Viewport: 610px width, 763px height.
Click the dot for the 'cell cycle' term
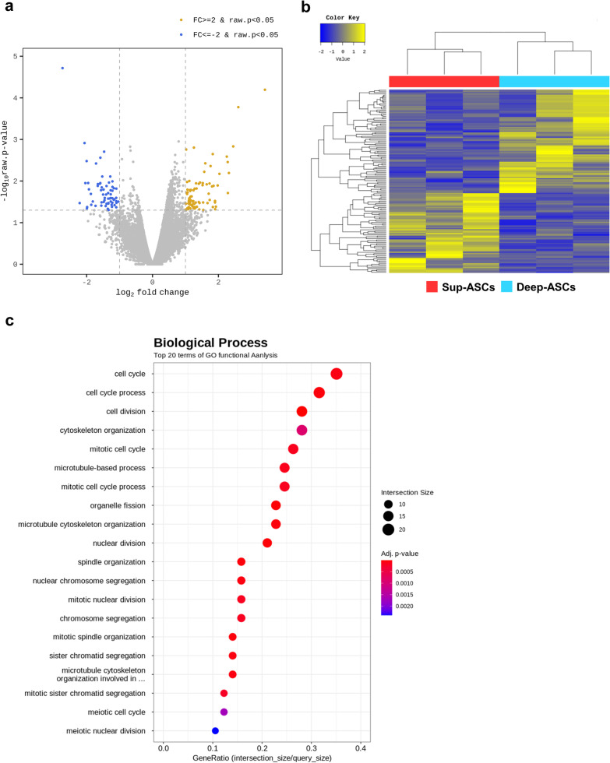tap(337, 374)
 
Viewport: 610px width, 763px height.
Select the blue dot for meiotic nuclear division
tap(216, 730)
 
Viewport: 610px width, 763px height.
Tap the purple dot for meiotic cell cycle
tap(224, 712)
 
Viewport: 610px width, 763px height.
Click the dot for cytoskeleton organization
tap(302, 430)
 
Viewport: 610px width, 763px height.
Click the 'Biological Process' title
tap(210, 343)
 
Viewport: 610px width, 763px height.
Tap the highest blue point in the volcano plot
tap(62, 68)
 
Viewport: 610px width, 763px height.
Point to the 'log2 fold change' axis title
tap(152, 293)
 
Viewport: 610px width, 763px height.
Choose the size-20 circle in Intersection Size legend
tap(387, 530)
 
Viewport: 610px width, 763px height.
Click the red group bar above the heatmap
tap(443, 81)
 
